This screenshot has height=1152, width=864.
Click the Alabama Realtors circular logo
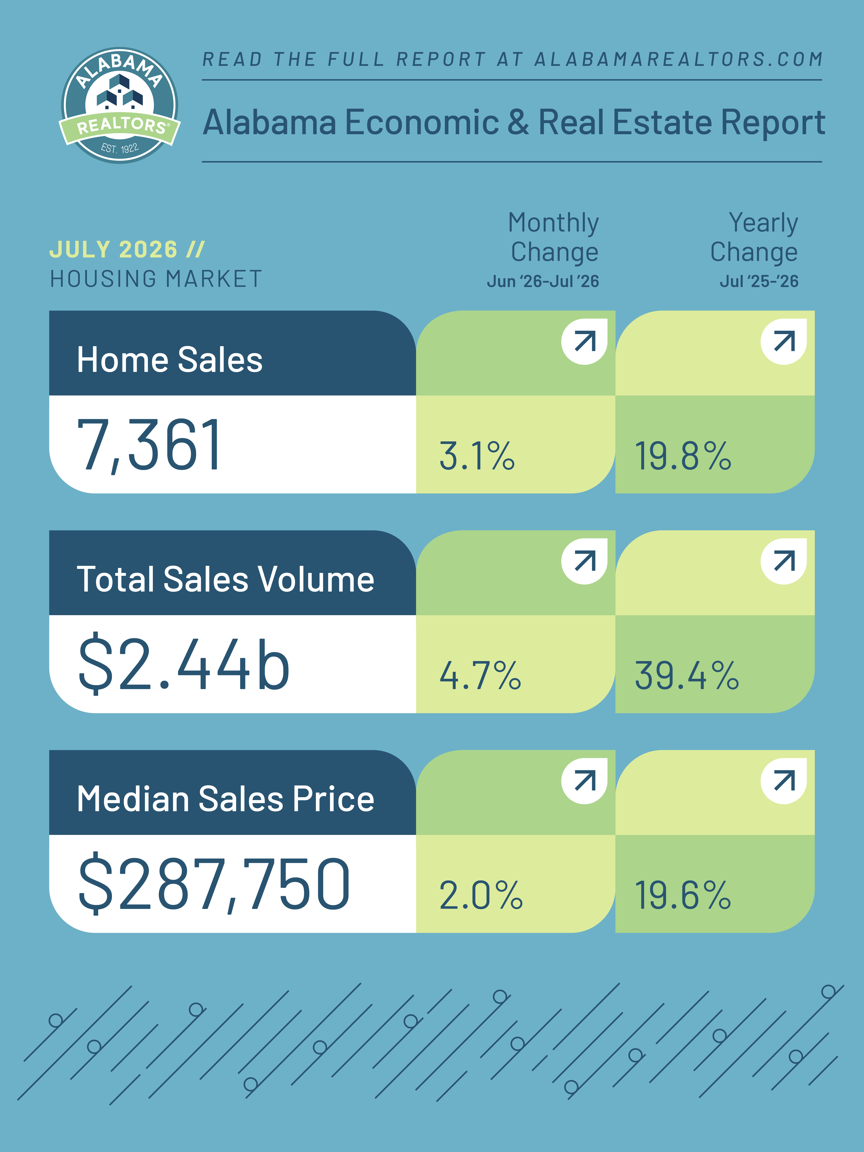pyautogui.click(x=120, y=105)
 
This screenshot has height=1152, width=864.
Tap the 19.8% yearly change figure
pyautogui.click(x=683, y=456)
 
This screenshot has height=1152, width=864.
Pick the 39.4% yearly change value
pyautogui.click(x=686, y=675)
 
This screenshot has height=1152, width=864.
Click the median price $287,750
pyautogui.click(x=214, y=884)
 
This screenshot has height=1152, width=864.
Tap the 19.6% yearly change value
pyautogui.click(x=683, y=895)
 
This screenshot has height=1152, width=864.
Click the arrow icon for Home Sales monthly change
pyautogui.click(x=584, y=342)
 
